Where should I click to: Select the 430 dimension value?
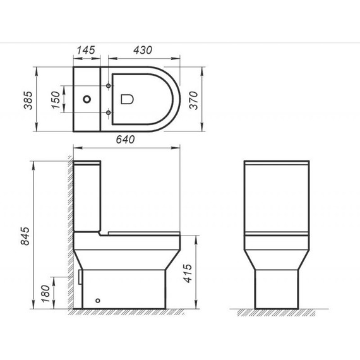click(x=145, y=49)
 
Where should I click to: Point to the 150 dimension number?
click(x=57, y=99)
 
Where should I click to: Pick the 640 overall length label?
click(x=126, y=141)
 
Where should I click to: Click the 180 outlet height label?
click(x=46, y=295)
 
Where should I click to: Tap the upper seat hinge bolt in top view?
click(x=111, y=85)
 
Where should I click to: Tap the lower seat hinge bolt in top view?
click(x=111, y=113)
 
